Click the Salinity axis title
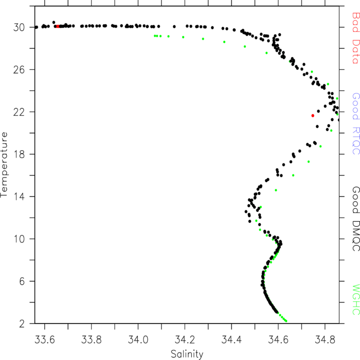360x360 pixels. [x=187, y=354]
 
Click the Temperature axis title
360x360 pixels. [x=4, y=165]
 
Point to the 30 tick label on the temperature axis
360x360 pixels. [x=19, y=27]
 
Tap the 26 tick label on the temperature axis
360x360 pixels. [x=19, y=69]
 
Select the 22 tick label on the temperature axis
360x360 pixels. [x=19, y=112]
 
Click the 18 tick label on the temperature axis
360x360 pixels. [x=19, y=154]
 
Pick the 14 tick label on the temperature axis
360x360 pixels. [x=19, y=196]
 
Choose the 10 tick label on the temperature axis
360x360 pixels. [x=19, y=239]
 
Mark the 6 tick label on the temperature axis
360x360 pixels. [x=22, y=281]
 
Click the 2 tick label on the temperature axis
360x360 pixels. [x=22, y=323]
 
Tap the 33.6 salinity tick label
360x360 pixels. [x=45, y=339]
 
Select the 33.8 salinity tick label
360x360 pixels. [x=92, y=339]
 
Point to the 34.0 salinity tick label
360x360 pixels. [x=138, y=339]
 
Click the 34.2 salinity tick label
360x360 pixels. [x=185, y=339]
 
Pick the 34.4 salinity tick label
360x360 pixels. [x=231, y=339]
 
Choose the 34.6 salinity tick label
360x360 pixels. [x=278, y=339]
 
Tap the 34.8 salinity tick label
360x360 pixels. [x=325, y=339]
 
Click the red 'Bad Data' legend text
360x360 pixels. [x=356, y=38]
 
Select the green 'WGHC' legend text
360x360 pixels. [x=356, y=299]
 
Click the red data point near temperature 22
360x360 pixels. [x=313, y=116]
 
